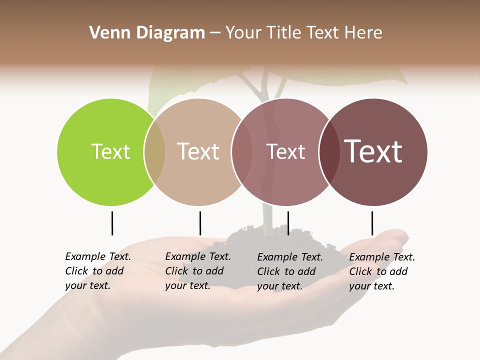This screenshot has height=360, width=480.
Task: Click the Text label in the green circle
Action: coord(110,151)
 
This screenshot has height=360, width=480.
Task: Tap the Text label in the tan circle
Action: coord(198,151)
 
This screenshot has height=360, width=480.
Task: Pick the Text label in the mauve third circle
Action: coord(285,151)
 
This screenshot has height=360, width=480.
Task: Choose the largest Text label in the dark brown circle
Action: coord(373,151)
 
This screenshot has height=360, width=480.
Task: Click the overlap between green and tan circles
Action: coord(154,152)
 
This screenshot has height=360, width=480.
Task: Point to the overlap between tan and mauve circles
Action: coord(241,152)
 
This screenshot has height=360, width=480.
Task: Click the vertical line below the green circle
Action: coord(112,223)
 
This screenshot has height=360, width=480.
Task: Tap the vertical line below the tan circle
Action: coord(200,223)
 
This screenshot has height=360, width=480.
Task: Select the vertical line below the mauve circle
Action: coord(288,223)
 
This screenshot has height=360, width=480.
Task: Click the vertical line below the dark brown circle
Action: coord(372,223)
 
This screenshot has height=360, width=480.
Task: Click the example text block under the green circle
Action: coord(98,271)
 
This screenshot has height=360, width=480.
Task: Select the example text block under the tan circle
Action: coord(198,271)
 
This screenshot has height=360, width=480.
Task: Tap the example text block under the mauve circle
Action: coord(290,271)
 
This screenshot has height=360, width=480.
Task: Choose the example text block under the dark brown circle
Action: coord(382,271)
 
